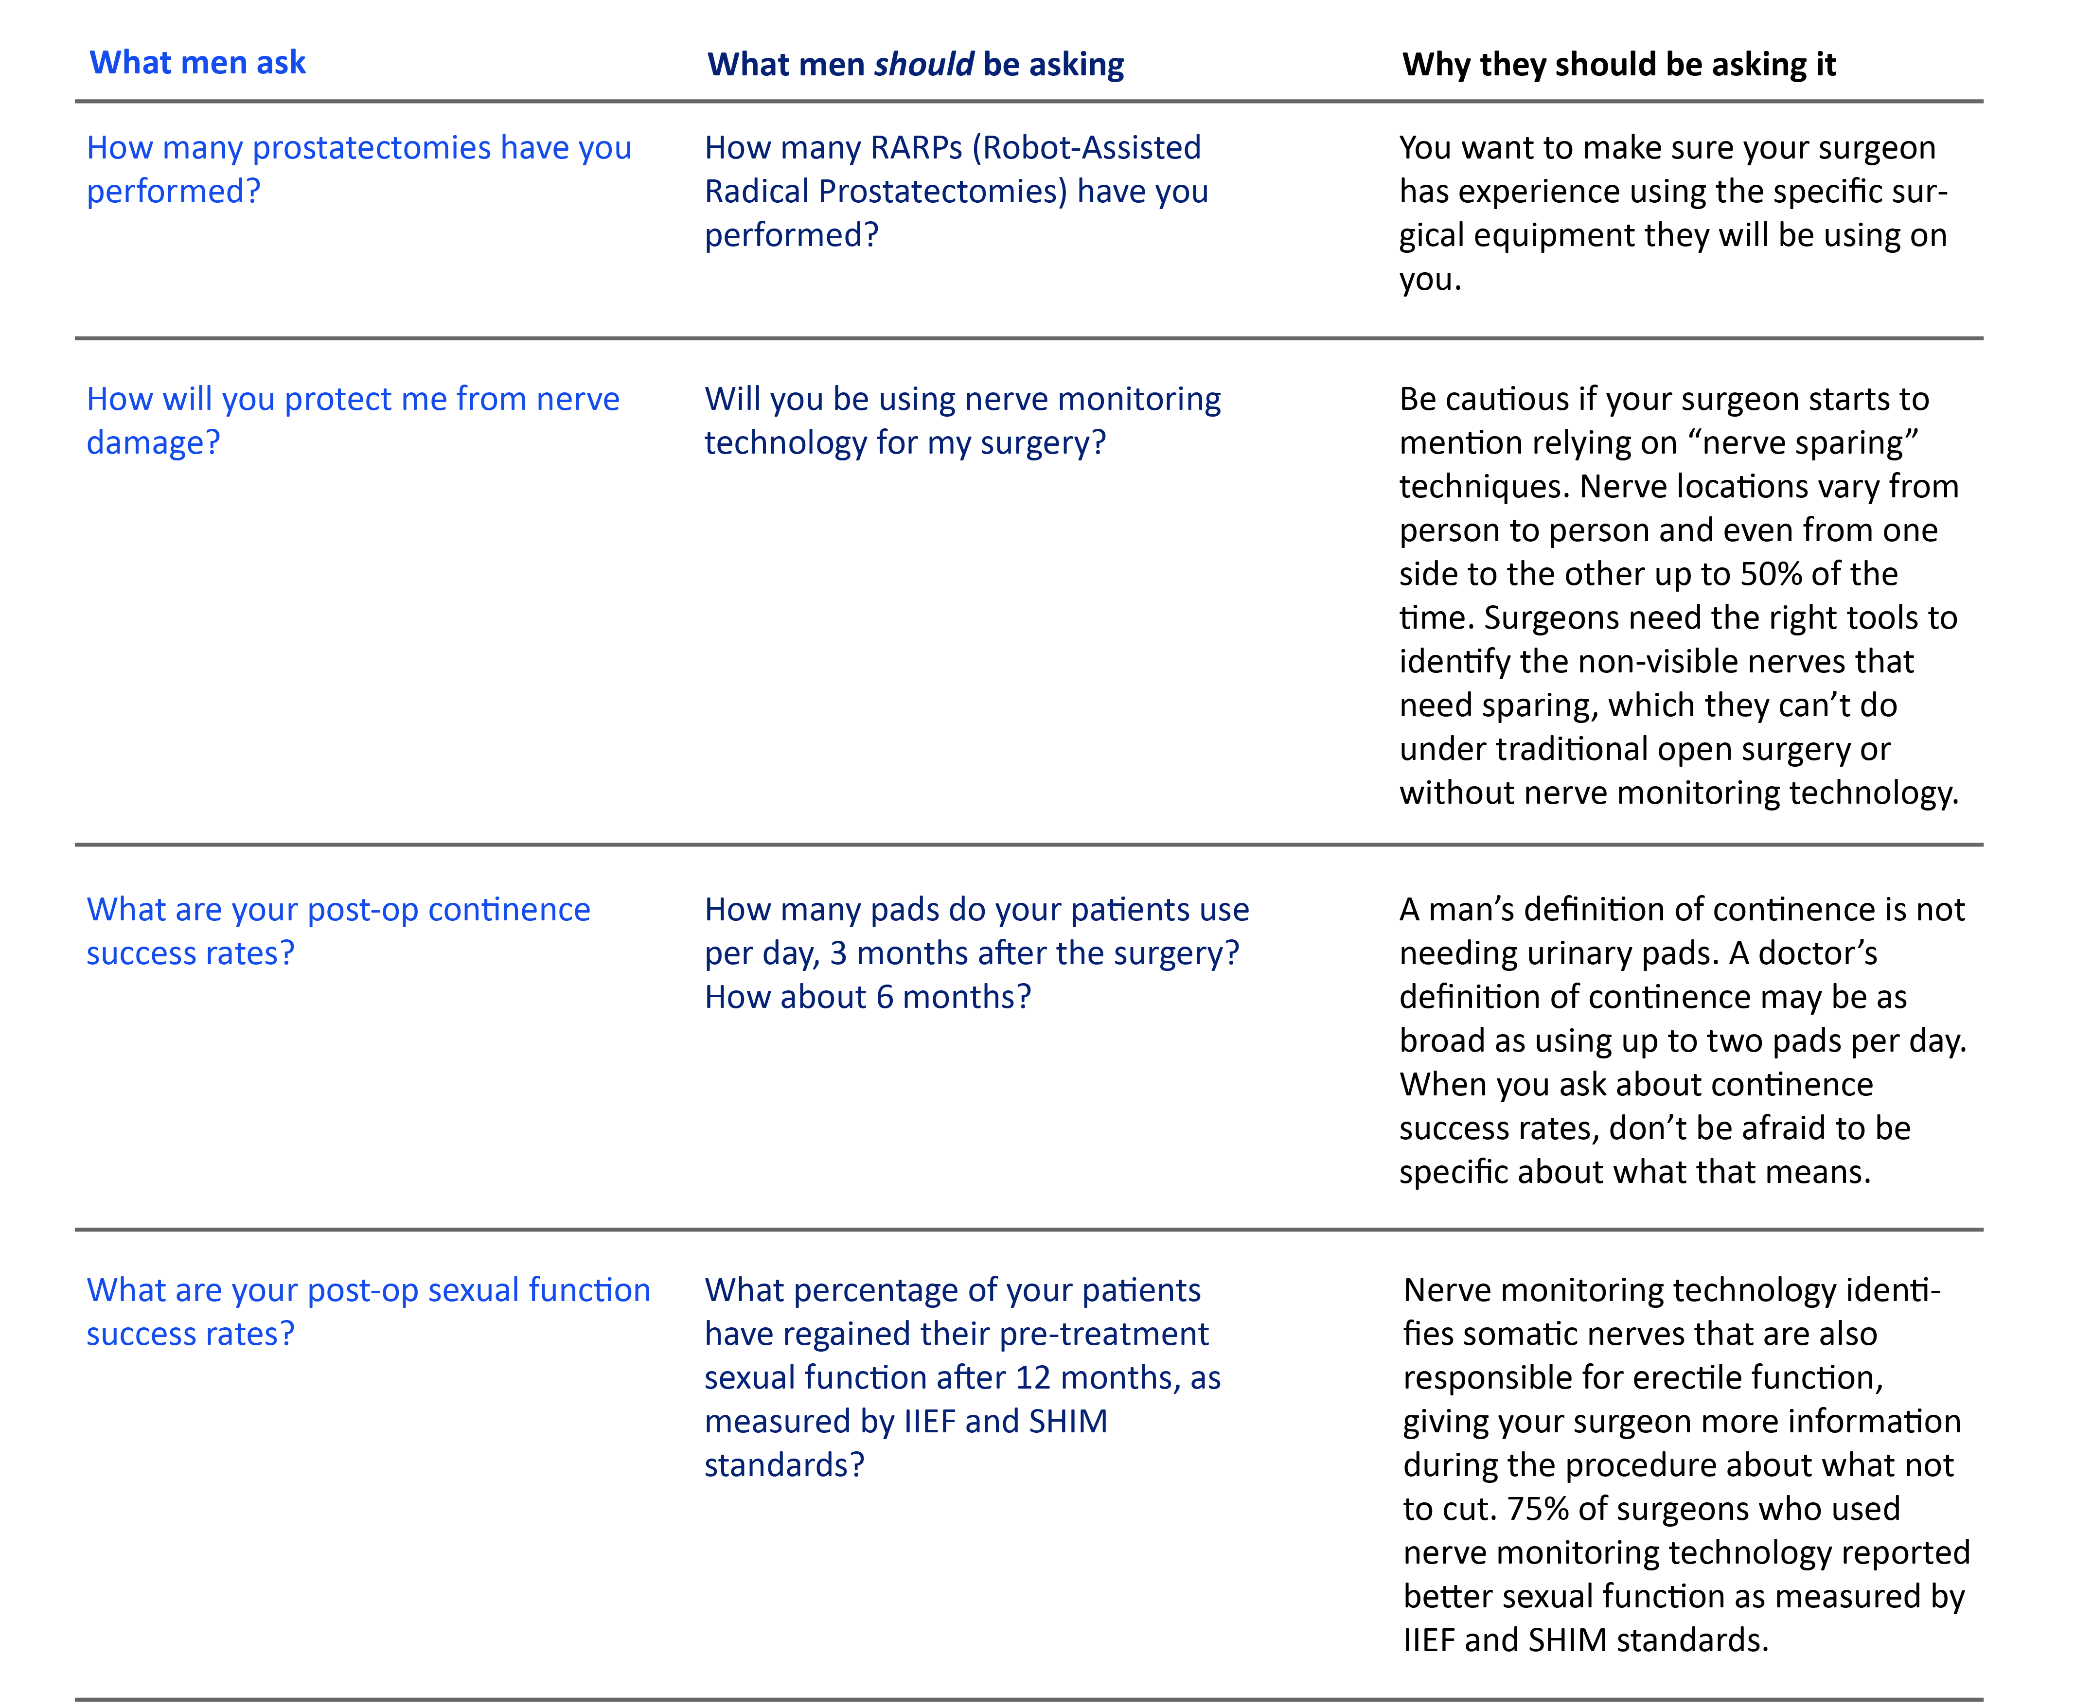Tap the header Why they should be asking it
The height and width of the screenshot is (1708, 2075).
point(1618,65)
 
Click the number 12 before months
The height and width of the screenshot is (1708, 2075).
point(1033,1377)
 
